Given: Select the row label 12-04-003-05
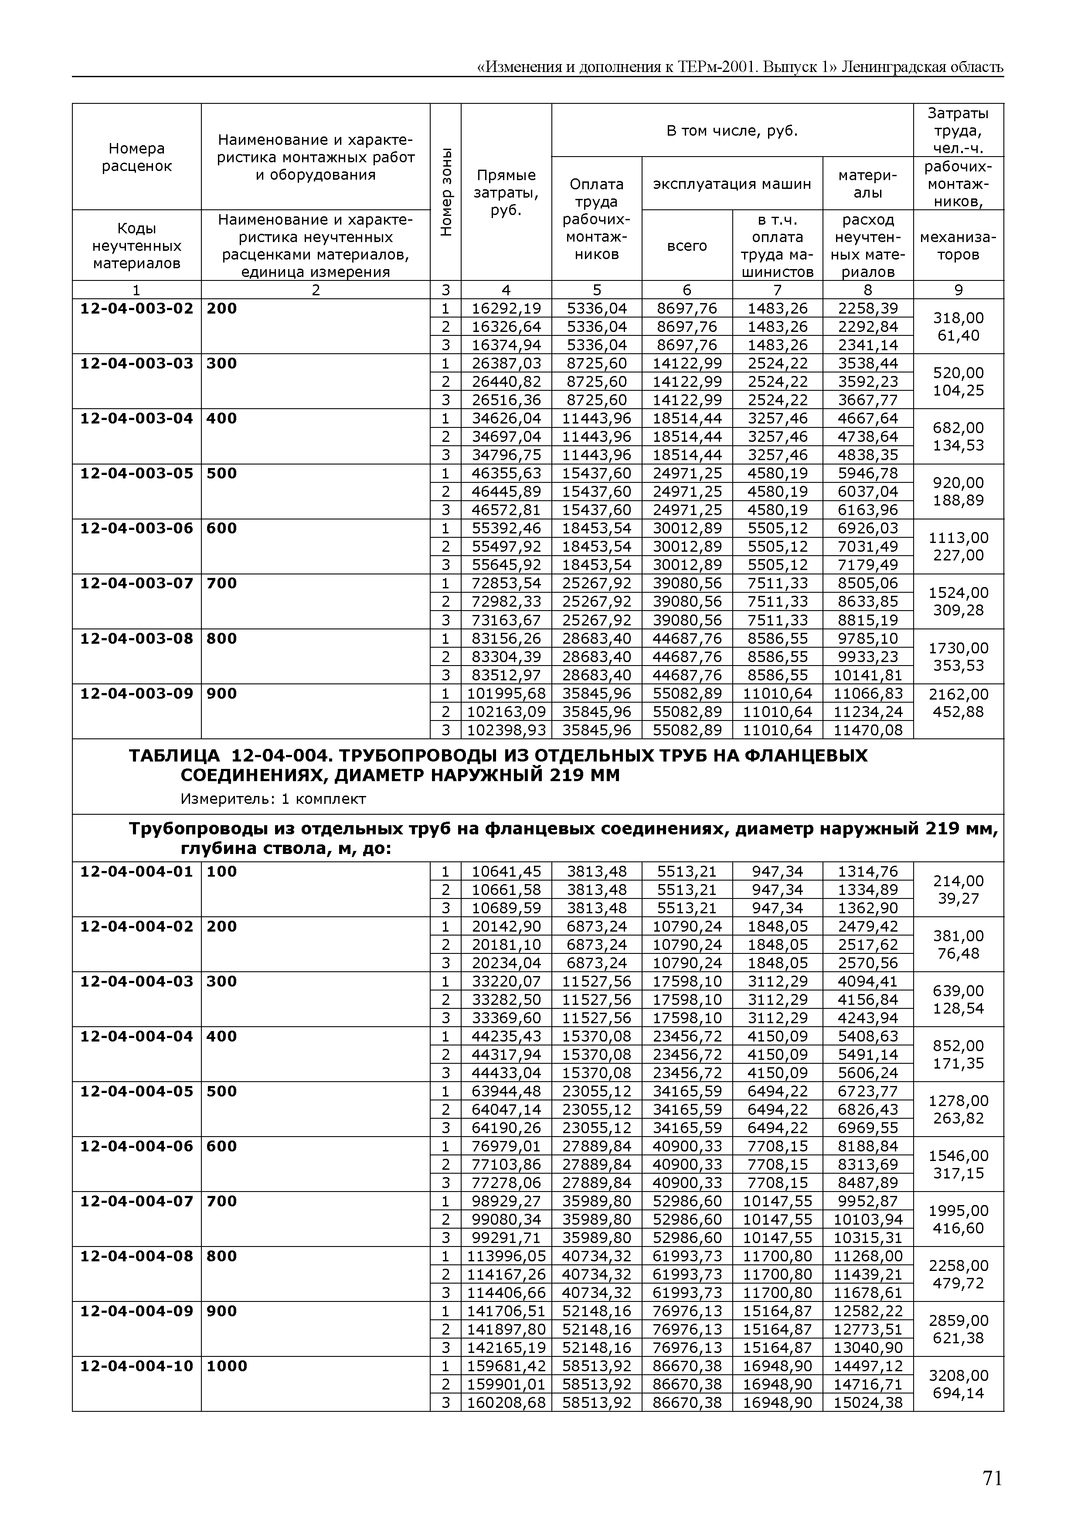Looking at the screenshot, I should (x=136, y=473).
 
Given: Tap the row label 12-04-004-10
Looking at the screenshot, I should (x=136, y=1366).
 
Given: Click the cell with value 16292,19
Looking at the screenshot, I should (x=506, y=308).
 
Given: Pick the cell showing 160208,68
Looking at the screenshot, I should (x=506, y=1402).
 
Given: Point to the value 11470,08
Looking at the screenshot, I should (x=868, y=730).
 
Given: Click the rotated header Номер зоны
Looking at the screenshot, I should (x=446, y=191).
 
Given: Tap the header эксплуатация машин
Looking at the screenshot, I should (x=732, y=184).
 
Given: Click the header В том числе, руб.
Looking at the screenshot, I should (x=732, y=130).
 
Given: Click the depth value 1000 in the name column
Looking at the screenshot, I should (x=227, y=1366).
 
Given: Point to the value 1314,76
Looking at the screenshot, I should (x=868, y=871).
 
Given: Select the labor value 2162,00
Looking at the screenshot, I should (x=959, y=694).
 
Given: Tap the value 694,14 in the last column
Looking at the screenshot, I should (x=959, y=1393).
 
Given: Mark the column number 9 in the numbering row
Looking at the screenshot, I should (x=959, y=290).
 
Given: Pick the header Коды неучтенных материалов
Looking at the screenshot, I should (x=136, y=246).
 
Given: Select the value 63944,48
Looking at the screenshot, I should (x=506, y=1091).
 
